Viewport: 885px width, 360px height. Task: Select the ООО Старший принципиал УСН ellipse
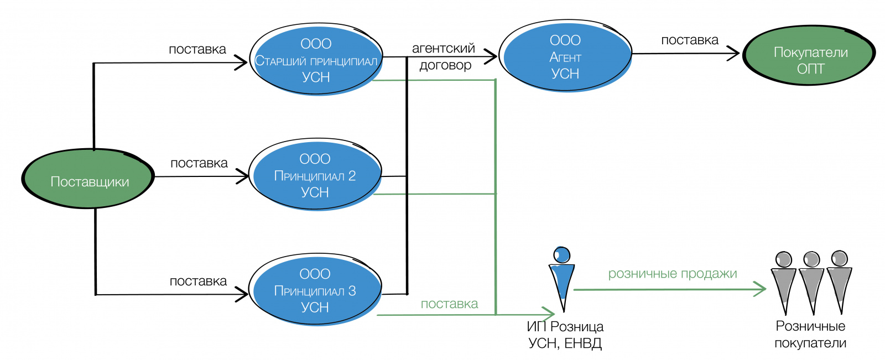[316, 60]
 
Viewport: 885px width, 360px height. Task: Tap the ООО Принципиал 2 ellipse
[315, 175]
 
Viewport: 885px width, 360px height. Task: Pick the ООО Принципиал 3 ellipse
[315, 290]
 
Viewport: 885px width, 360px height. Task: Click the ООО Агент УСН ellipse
[565, 56]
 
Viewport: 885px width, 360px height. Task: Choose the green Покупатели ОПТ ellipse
[809, 55]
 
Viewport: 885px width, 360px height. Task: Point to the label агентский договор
[444, 56]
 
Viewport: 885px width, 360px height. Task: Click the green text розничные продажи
[673, 274]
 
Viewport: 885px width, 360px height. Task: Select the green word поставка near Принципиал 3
[449, 304]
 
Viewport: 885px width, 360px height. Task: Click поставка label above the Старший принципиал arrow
[197, 49]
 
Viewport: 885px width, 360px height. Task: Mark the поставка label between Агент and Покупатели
[690, 40]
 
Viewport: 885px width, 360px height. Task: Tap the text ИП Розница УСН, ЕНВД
[565, 335]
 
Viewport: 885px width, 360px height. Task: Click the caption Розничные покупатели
[810, 335]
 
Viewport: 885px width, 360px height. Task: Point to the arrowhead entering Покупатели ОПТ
[735, 54]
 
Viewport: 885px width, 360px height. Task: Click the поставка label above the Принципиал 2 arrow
[199, 163]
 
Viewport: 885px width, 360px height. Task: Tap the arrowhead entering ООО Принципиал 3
[242, 294]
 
